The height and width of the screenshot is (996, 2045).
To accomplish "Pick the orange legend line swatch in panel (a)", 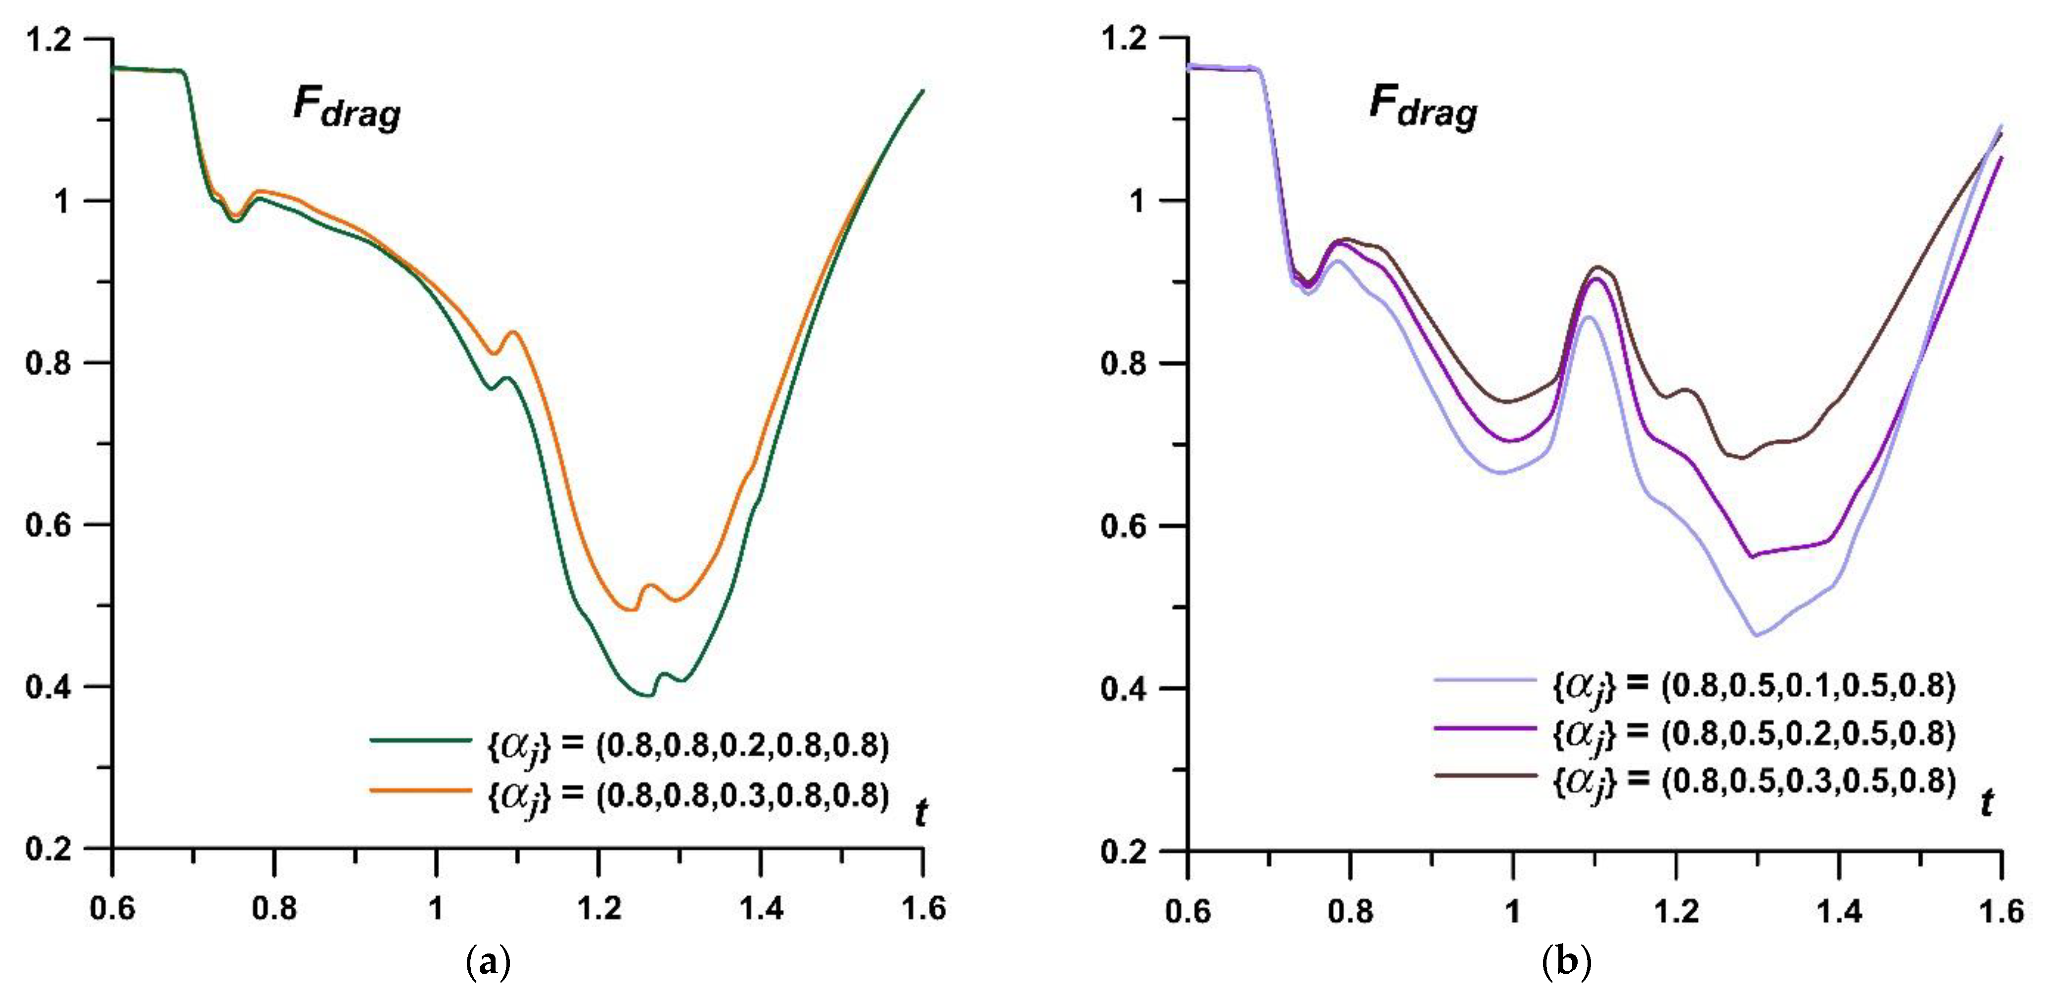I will (421, 790).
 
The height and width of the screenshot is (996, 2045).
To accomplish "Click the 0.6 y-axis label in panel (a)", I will (49, 524).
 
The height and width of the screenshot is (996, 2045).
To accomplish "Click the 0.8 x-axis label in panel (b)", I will (1350, 910).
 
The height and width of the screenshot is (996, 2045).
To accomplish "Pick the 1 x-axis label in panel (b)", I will (1513, 910).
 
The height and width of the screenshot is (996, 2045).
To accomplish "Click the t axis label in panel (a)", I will (921, 812).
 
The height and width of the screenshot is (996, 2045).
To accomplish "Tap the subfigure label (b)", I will (1566, 963).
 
